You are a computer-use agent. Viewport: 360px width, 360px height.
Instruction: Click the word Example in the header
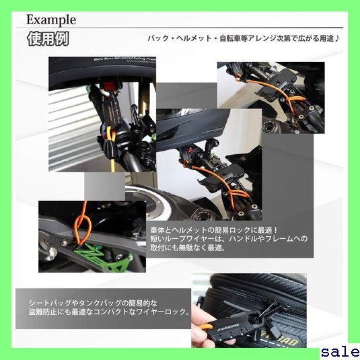(51, 20)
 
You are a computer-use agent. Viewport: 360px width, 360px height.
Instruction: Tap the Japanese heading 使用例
(48, 39)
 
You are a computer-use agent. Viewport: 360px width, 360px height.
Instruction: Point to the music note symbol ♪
(336, 38)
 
